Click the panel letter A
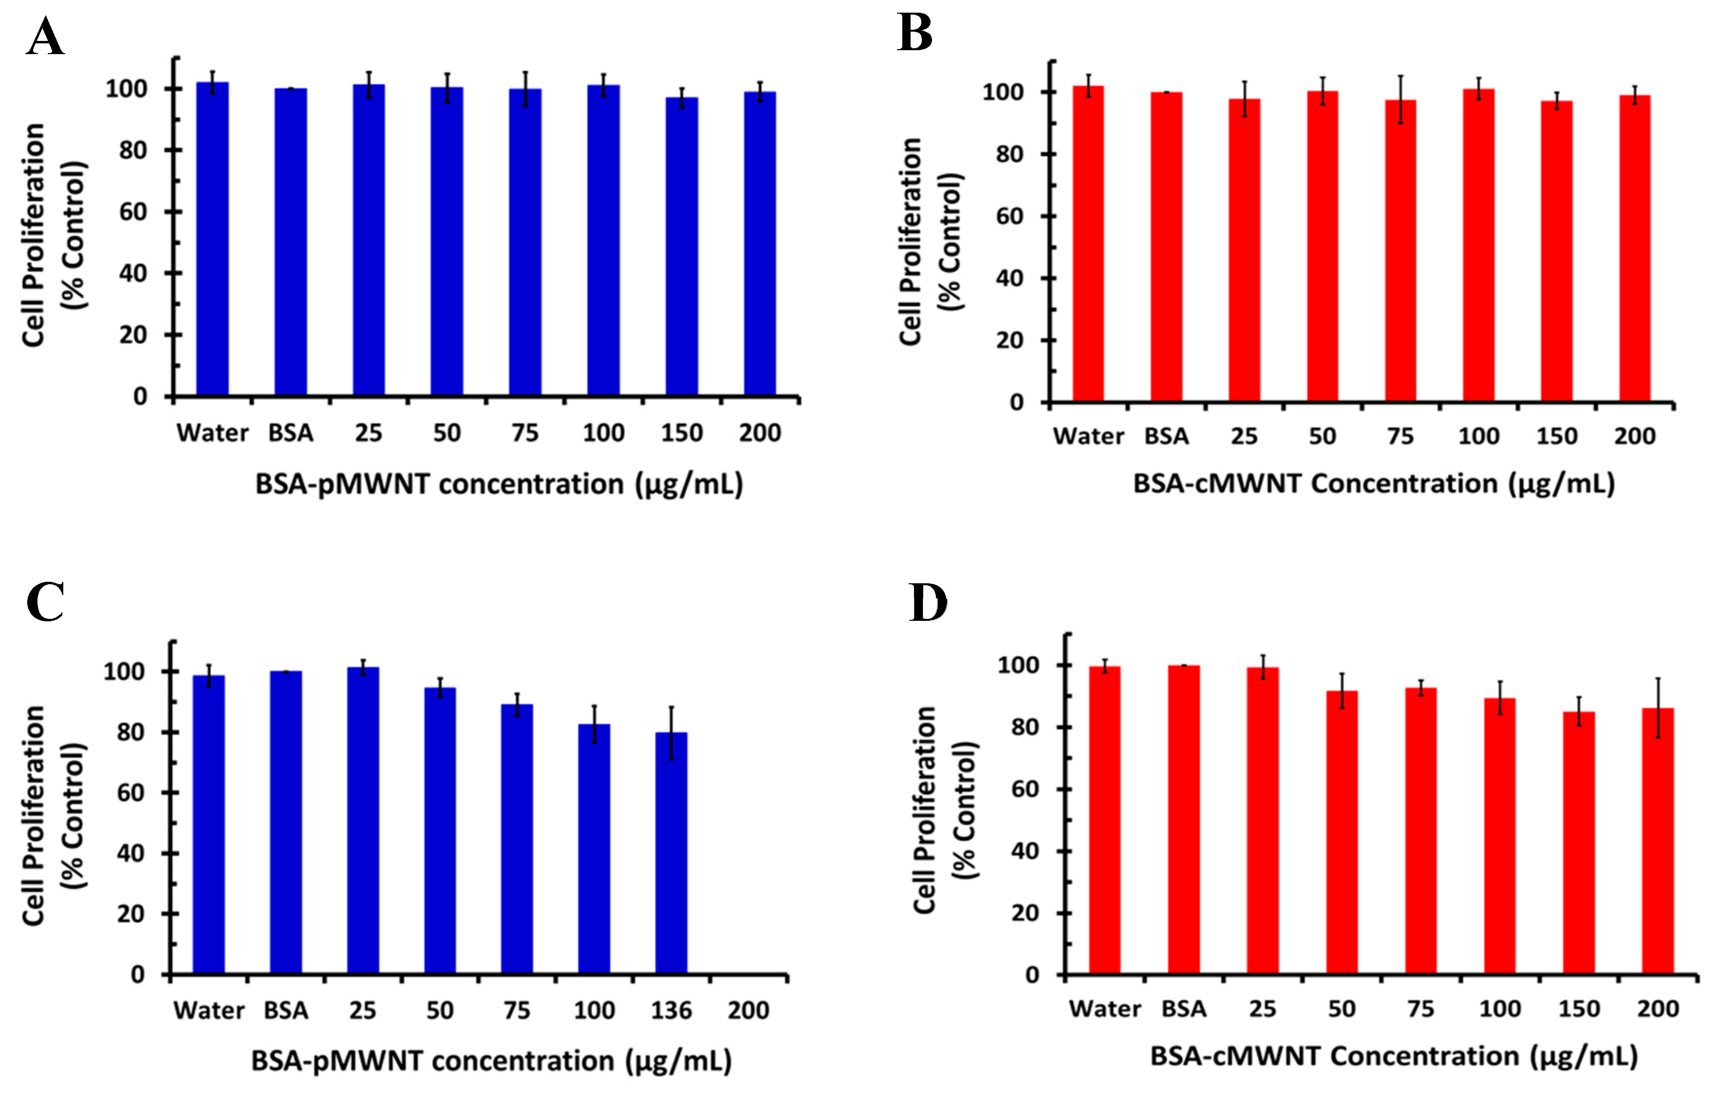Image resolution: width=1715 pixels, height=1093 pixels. click(x=45, y=37)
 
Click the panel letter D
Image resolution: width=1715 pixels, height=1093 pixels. click(x=927, y=603)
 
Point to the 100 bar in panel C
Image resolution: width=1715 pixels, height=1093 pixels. click(x=594, y=848)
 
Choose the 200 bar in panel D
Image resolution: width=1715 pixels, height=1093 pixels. click(x=1658, y=841)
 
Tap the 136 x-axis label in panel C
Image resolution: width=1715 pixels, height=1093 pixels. click(x=671, y=1010)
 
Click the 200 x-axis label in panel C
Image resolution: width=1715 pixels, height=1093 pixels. click(x=748, y=1010)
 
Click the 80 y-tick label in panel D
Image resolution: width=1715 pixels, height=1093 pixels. click(x=1025, y=728)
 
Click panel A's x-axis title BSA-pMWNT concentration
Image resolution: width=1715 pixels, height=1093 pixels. click(x=499, y=484)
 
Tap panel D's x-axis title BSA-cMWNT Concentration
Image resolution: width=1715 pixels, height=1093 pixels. click(x=1394, y=1056)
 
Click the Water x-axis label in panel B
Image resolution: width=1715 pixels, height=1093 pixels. click(x=1088, y=436)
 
